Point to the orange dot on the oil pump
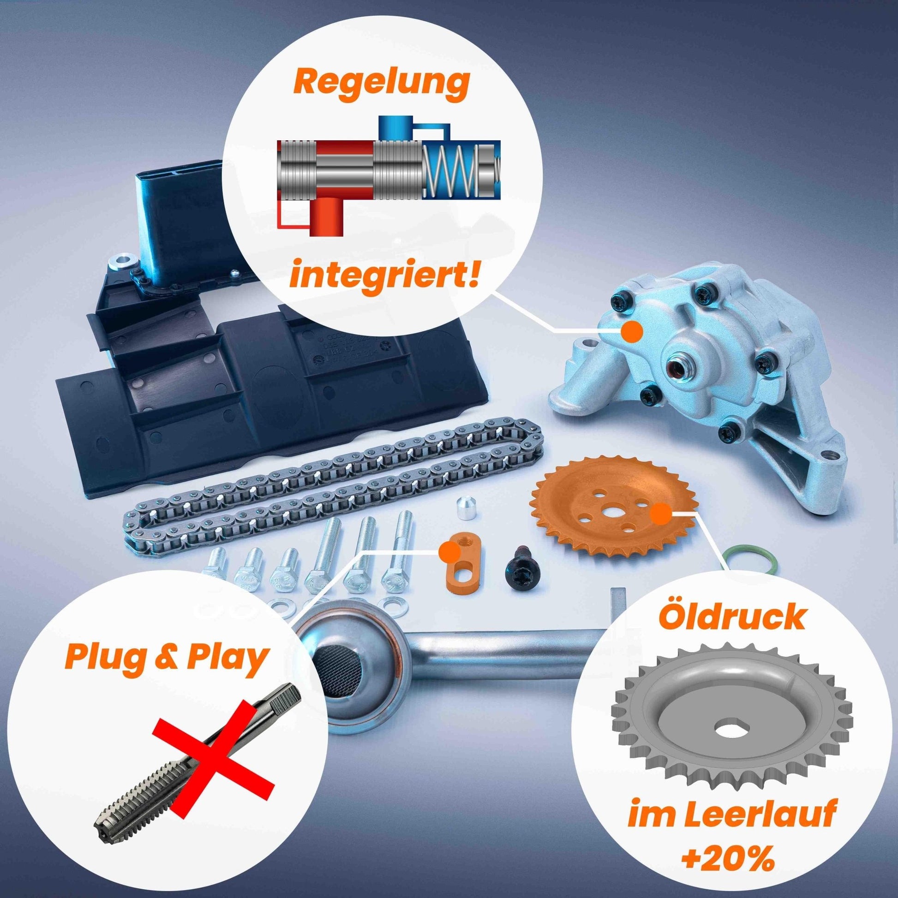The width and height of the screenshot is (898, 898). (x=632, y=331)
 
